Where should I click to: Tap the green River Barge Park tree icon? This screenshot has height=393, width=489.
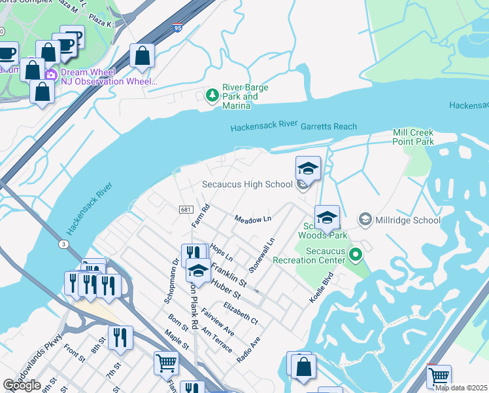click(212, 96)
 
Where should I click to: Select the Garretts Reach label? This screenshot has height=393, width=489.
click(329, 126)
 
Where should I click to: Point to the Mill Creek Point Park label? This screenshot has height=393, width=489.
click(413, 137)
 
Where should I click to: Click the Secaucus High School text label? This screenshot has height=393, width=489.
click(247, 184)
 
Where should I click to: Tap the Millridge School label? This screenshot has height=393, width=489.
click(407, 220)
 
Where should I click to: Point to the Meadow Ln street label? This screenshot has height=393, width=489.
click(253, 219)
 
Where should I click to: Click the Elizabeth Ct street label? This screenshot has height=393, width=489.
click(240, 314)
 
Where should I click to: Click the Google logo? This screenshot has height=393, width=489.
click(22, 385)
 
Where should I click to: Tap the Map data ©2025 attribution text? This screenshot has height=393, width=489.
click(462, 388)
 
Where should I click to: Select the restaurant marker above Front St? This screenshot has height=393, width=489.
click(120, 337)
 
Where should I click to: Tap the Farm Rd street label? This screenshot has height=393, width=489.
click(204, 216)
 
